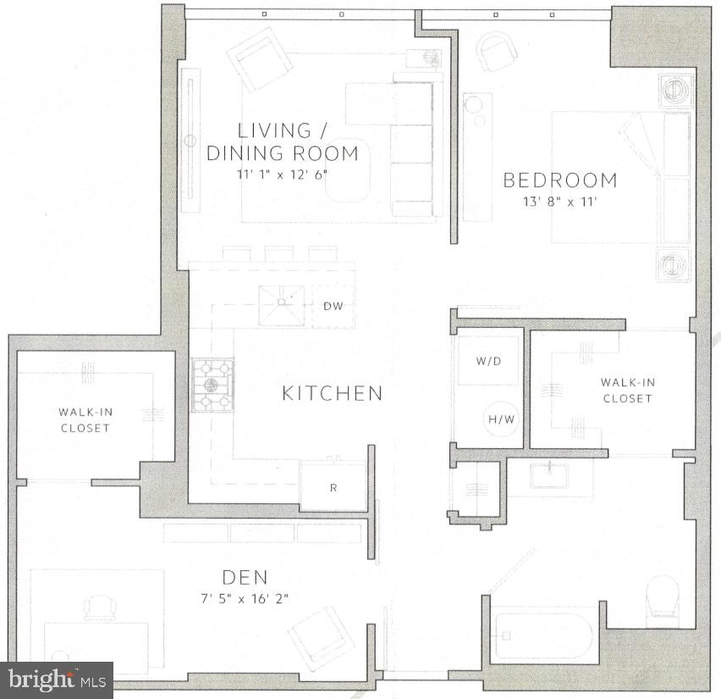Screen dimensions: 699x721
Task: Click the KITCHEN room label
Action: (332, 393)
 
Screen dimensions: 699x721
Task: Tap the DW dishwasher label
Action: (333, 306)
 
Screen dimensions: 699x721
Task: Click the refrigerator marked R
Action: (333, 487)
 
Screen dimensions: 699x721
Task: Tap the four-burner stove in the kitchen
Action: (212, 386)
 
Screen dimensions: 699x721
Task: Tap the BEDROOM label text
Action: (560, 180)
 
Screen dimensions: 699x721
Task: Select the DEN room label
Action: (245, 578)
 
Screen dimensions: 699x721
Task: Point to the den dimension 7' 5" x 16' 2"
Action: (245, 598)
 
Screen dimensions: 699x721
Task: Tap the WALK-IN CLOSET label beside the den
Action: (85, 420)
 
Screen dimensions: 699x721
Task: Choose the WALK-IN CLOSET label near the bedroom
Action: (627, 391)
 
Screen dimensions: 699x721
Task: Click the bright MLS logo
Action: (57, 680)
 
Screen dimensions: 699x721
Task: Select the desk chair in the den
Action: (101, 607)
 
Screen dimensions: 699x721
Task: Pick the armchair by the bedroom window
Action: (497, 51)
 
